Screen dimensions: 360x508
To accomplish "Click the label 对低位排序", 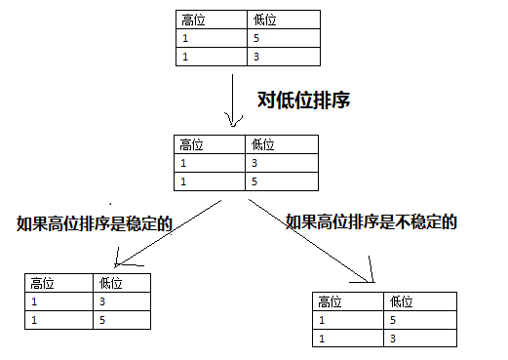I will pos(303,100).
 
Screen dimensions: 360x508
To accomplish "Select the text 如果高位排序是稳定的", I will pos(95,223).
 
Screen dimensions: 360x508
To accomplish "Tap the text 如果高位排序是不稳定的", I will pos(371,222).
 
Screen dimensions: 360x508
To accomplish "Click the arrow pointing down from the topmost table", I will pos(232,102).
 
